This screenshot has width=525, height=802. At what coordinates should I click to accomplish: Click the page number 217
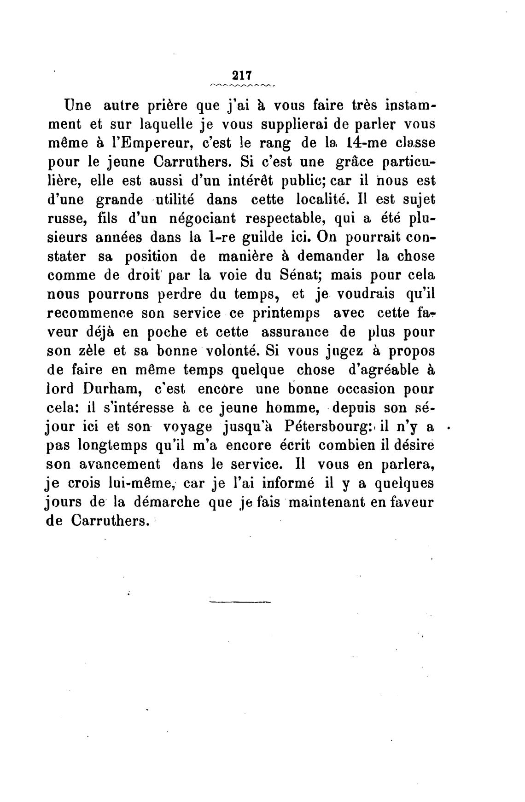[241, 75]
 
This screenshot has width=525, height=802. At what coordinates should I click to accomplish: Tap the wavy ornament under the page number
[242, 86]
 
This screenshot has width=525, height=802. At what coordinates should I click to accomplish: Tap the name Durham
[112, 389]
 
